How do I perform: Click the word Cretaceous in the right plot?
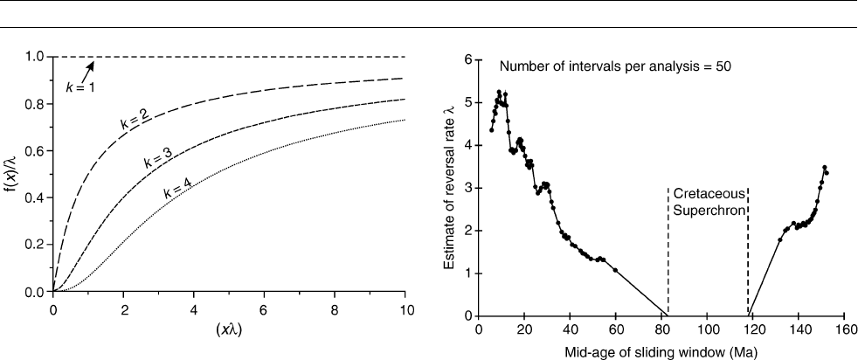[x=708, y=191]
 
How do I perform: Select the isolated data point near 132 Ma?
[x=780, y=239]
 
